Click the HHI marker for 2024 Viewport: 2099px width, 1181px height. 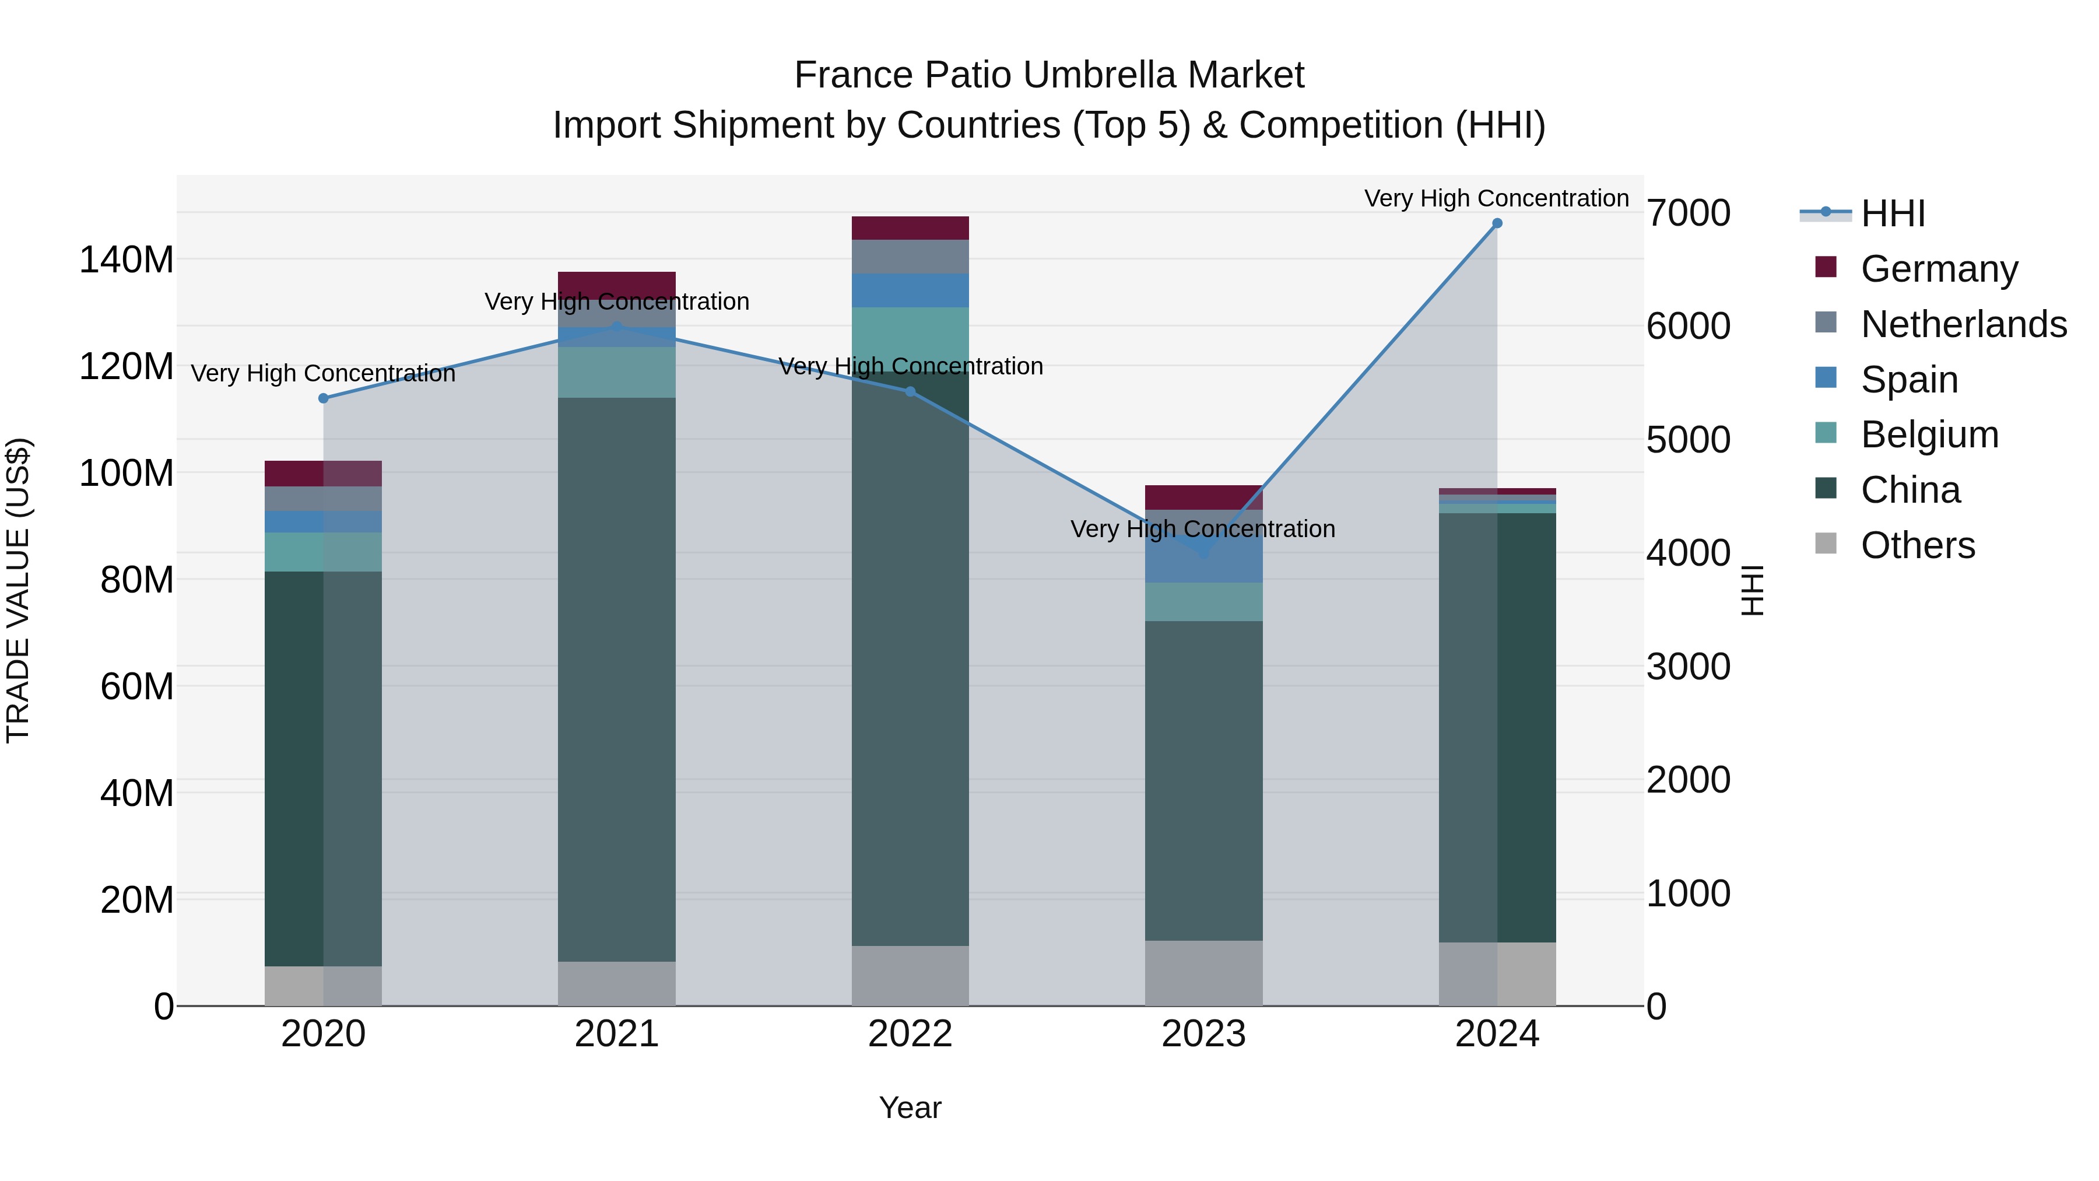pos(1497,223)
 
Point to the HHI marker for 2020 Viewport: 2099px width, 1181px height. pos(324,398)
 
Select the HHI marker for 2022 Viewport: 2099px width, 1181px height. pos(910,391)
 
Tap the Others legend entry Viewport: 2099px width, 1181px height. pos(1917,545)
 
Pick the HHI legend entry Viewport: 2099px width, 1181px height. pos(1893,213)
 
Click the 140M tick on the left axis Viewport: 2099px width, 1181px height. pos(127,260)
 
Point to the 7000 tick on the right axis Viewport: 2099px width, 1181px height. pos(1689,213)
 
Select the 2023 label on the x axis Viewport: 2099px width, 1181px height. pos(1203,1034)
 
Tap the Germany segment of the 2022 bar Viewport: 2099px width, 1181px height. pos(910,228)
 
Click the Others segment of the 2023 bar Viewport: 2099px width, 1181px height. pos(1203,973)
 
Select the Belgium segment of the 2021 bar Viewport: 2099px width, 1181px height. pos(617,373)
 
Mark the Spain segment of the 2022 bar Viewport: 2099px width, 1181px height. pos(910,290)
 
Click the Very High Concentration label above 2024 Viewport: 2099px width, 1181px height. pos(1496,199)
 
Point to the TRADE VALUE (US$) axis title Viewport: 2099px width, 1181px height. pos(19,590)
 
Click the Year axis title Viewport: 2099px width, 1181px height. pos(910,1108)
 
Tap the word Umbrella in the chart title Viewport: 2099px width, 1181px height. pos(1099,75)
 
